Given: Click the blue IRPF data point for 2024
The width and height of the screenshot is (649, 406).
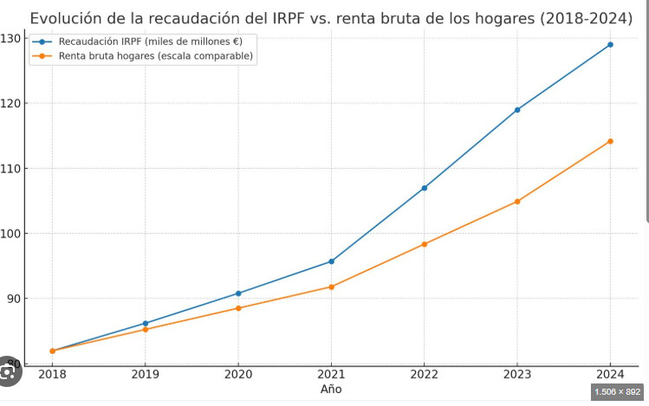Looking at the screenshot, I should (x=610, y=44).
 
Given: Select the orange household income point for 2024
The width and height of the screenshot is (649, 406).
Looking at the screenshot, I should (x=610, y=141).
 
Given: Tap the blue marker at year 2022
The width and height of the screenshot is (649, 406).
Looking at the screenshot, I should (x=424, y=188).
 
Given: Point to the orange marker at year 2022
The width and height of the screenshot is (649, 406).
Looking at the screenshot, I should (x=424, y=244).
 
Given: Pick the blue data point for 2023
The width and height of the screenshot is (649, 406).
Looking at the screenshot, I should (x=517, y=110).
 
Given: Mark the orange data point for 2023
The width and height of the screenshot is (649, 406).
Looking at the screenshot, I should (x=517, y=202).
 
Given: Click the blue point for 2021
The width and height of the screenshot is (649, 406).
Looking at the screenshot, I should (x=331, y=261).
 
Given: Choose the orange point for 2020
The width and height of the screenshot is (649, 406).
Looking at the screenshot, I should (x=238, y=308).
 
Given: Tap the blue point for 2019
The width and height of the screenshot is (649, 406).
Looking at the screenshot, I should (x=146, y=324).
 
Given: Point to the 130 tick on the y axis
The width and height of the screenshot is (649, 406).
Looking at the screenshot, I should (x=12, y=38).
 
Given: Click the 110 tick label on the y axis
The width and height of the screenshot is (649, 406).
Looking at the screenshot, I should (x=12, y=168).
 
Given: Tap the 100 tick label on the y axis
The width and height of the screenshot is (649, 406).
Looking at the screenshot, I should (x=12, y=234).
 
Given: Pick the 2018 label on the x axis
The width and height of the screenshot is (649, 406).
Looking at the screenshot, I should (x=52, y=375).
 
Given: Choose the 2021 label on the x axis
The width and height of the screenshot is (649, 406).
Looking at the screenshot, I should (x=331, y=375).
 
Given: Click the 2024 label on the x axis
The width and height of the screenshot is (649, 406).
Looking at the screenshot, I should (x=610, y=375).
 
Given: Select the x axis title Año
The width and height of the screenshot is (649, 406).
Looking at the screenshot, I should (x=331, y=390).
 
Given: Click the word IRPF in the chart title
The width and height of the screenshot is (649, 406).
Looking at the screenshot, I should (x=276, y=17).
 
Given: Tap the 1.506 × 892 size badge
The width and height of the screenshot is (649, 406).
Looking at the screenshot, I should (x=617, y=392).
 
